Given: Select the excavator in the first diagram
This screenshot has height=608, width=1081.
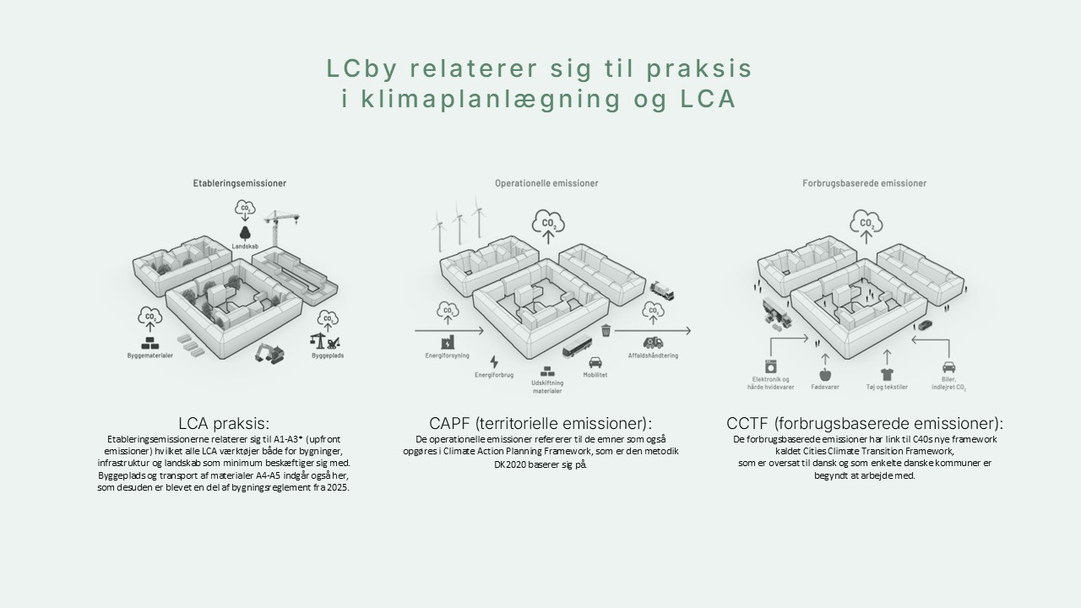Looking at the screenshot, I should (x=270, y=352).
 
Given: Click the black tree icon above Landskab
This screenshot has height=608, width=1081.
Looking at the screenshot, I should (x=244, y=233).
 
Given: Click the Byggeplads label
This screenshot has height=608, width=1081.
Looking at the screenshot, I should (x=327, y=356).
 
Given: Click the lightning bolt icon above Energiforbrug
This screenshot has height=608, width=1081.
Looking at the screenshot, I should (x=494, y=361).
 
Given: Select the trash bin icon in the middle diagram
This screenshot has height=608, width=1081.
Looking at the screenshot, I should (x=606, y=331).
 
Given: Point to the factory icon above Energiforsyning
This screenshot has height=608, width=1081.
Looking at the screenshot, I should (x=447, y=342).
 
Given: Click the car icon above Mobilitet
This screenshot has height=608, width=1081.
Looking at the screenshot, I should (x=595, y=362).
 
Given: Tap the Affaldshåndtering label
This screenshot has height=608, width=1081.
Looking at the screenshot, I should (x=652, y=356).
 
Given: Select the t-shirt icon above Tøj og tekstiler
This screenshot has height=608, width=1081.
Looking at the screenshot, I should (x=886, y=374).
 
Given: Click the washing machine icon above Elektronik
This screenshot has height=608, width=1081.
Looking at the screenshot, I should (x=770, y=367).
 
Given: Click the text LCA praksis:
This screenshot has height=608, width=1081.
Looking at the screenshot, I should (x=224, y=423).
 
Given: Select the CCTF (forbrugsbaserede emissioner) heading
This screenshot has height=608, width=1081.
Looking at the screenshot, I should (x=865, y=423).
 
